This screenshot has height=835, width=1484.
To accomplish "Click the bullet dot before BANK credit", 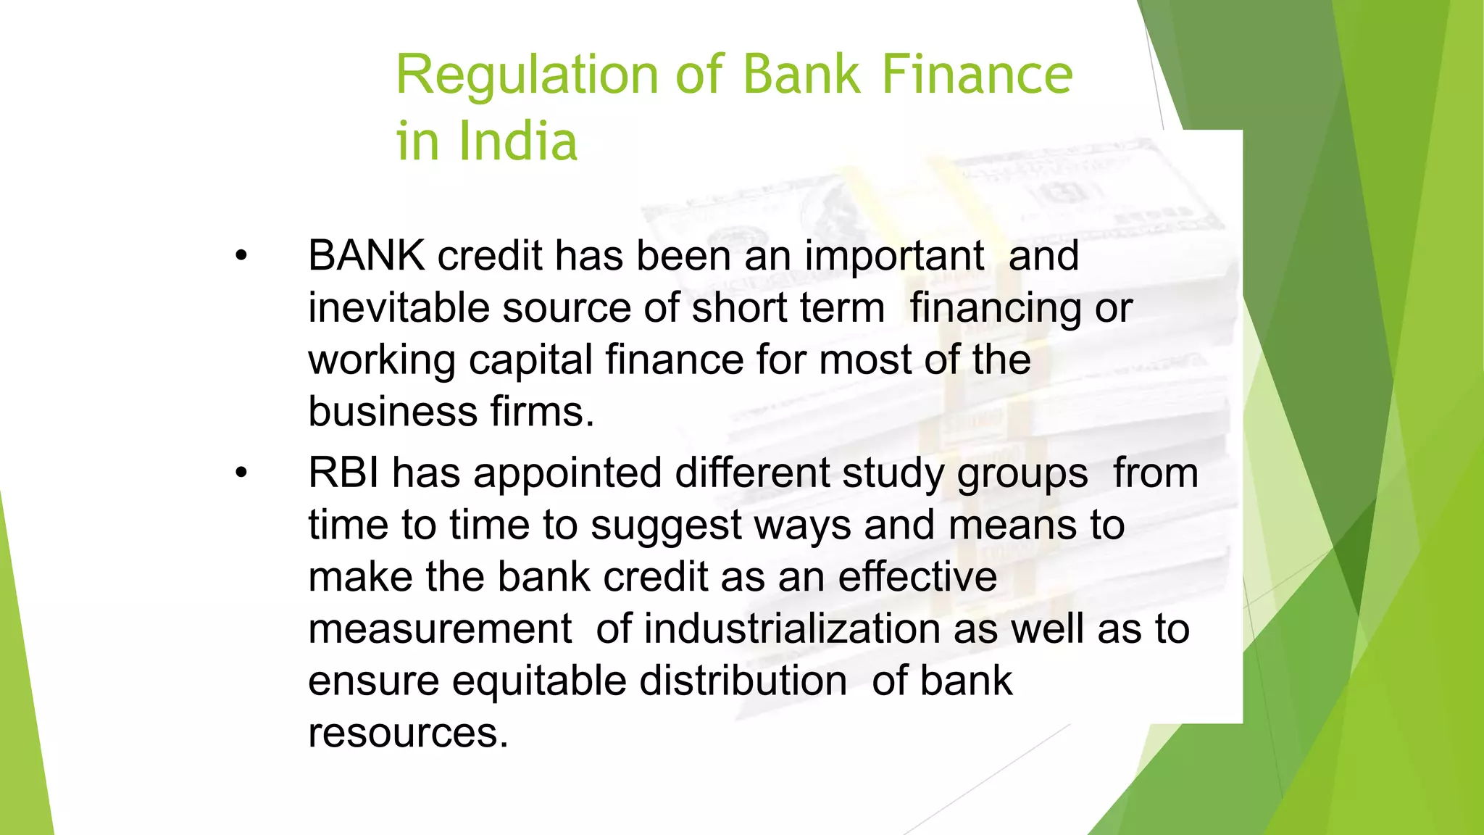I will [x=241, y=256].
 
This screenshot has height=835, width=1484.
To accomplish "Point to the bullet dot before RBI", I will [x=241, y=473].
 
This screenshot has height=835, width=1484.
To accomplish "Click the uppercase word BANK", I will [x=366, y=256].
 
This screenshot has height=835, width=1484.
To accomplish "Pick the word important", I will [x=894, y=256].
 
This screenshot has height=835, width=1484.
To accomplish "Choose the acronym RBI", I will [x=343, y=473].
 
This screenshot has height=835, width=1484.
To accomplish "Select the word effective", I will [x=917, y=577].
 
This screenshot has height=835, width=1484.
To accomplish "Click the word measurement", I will [x=440, y=628].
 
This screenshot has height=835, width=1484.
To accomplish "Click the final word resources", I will [x=408, y=733].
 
